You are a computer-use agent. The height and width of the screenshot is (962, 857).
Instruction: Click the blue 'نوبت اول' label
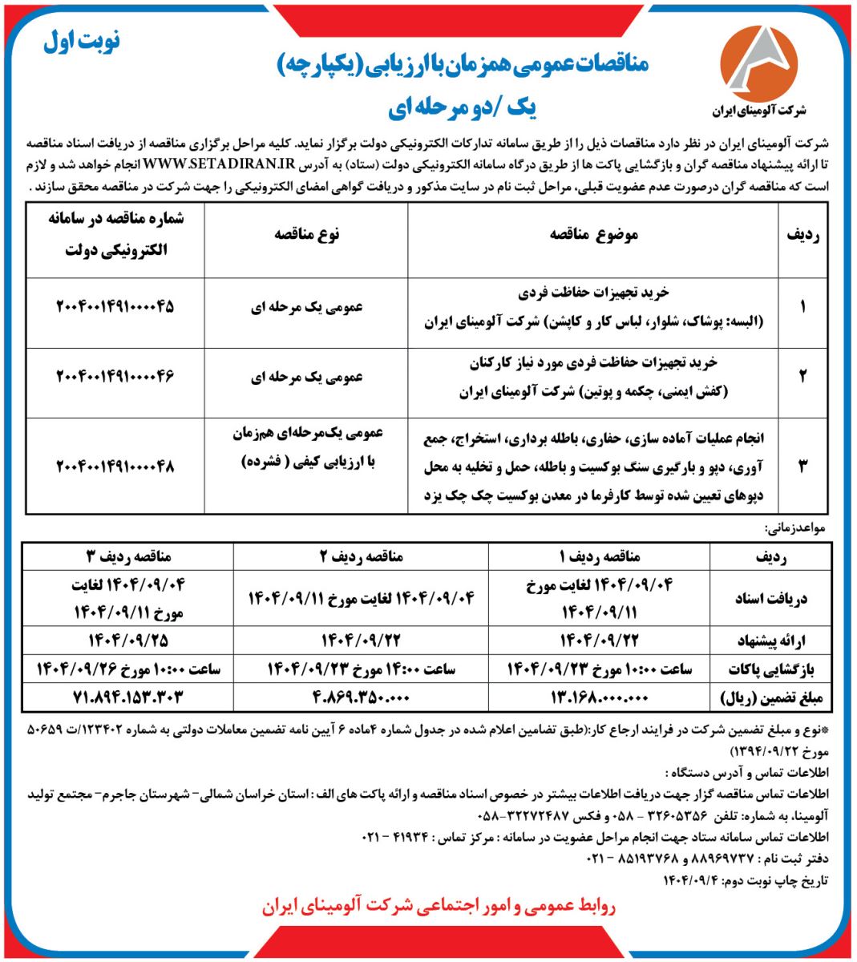[82, 42]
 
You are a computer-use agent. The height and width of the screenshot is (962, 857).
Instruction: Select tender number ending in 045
[115, 307]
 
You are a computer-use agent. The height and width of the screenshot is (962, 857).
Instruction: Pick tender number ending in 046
[115, 376]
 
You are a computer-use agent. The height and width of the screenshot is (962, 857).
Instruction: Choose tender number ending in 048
[115, 466]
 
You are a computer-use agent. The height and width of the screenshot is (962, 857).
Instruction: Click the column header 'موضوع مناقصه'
[593, 234]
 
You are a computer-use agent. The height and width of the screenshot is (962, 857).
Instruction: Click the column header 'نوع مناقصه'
[306, 234]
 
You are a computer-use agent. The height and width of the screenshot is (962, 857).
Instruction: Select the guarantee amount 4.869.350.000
[361, 696]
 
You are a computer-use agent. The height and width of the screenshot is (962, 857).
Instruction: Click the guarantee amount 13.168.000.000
[598, 697]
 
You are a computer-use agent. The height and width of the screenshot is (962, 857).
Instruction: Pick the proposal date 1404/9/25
[127, 641]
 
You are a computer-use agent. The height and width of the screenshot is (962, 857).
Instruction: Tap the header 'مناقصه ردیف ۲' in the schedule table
[361, 556]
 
